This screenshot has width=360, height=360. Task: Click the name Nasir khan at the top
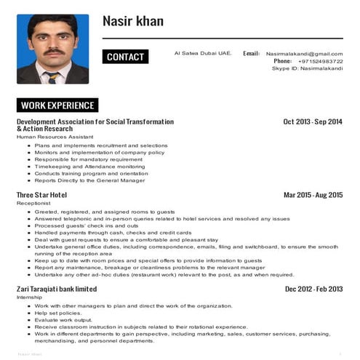pyautogui.click(x=133, y=21)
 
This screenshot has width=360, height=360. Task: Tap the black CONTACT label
pyautogui.click(x=125, y=57)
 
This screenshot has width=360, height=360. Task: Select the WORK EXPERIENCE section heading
pyautogui.click(x=57, y=105)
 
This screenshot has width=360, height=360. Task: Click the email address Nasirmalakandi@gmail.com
pyautogui.click(x=304, y=54)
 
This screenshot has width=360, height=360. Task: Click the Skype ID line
pyautogui.click(x=307, y=68)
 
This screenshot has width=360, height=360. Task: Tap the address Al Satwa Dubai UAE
pyautogui.click(x=203, y=53)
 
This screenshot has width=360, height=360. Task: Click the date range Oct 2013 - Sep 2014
pyautogui.click(x=312, y=121)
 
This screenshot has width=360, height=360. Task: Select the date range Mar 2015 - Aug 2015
pyautogui.click(x=313, y=195)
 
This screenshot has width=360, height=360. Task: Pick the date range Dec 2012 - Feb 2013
pyautogui.click(x=313, y=289)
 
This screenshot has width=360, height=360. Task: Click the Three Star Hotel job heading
pyautogui.click(x=41, y=195)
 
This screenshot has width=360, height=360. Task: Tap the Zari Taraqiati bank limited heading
pyautogui.click(x=56, y=289)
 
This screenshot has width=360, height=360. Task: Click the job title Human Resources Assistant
pyautogui.click(x=55, y=137)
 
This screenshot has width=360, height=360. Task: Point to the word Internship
pyautogui.click(x=30, y=297)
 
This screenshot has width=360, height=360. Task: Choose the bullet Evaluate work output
pyautogui.click(x=63, y=320)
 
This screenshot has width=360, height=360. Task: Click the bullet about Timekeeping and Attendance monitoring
pyautogui.click(x=89, y=167)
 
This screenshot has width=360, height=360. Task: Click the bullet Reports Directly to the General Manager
pyautogui.click(x=89, y=180)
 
